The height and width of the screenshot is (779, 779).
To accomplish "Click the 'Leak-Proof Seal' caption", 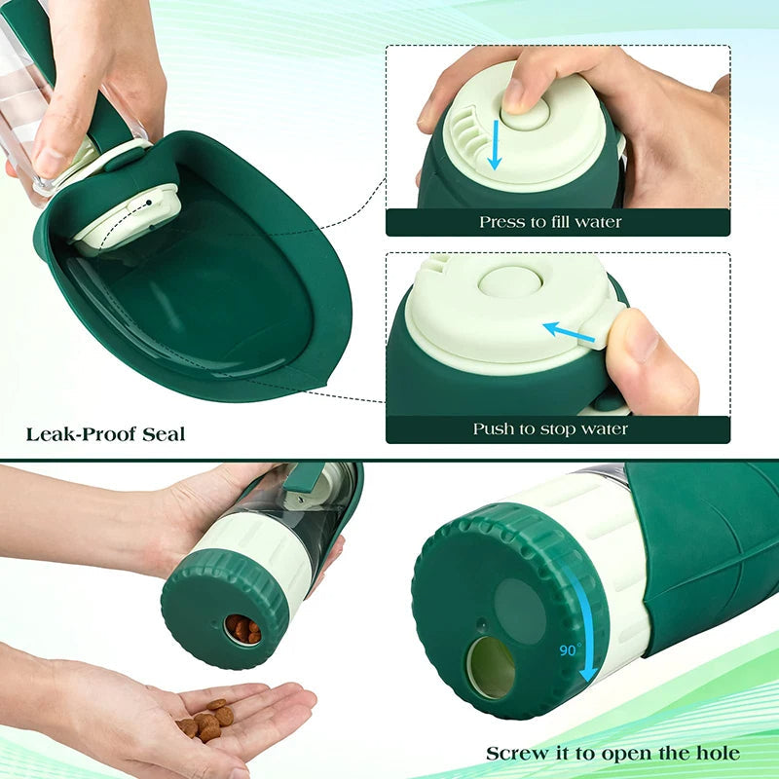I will point(105,433).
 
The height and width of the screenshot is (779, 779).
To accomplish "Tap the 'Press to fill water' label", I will point(549,222).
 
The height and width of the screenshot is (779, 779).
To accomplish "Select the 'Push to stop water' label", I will point(550,428).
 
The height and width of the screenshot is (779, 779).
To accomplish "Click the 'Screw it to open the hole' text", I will point(612,753).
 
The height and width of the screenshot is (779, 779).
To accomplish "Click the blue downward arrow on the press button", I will point(496,145).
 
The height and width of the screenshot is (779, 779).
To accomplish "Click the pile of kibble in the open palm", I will point(206,720).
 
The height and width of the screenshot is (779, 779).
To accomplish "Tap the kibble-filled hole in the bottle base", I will point(242,629).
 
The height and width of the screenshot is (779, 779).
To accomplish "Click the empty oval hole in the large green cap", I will point(491,668).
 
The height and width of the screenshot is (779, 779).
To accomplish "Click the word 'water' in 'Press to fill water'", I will point(598,222).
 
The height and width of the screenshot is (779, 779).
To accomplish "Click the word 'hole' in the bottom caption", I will point(716,753).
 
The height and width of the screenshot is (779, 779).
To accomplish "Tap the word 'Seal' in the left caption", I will point(163,433).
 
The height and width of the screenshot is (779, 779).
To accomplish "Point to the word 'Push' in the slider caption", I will point(493,428).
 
